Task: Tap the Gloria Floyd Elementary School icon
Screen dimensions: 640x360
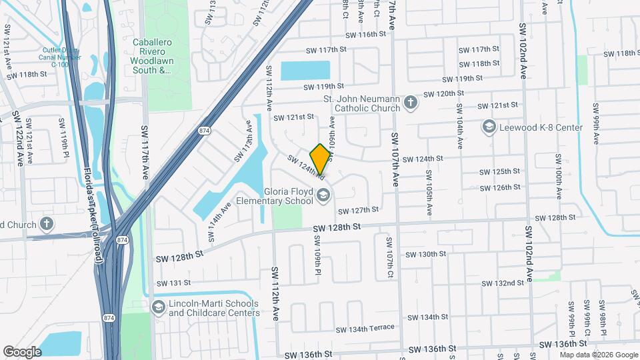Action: (x=323, y=195)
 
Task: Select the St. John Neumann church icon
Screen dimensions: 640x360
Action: (x=411, y=103)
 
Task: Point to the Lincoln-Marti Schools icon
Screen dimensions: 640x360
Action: (x=159, y=307)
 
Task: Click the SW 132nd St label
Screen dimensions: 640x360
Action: (x=503, y=283)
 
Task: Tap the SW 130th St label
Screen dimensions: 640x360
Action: (x=425, y=254)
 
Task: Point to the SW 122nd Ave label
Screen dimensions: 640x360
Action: (x=19, y=139)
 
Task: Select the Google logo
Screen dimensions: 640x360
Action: (x=22, y=351)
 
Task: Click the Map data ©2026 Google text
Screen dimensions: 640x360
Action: (x=598, y=355)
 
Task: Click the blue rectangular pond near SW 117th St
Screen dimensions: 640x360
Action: (x=305, y=70)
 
